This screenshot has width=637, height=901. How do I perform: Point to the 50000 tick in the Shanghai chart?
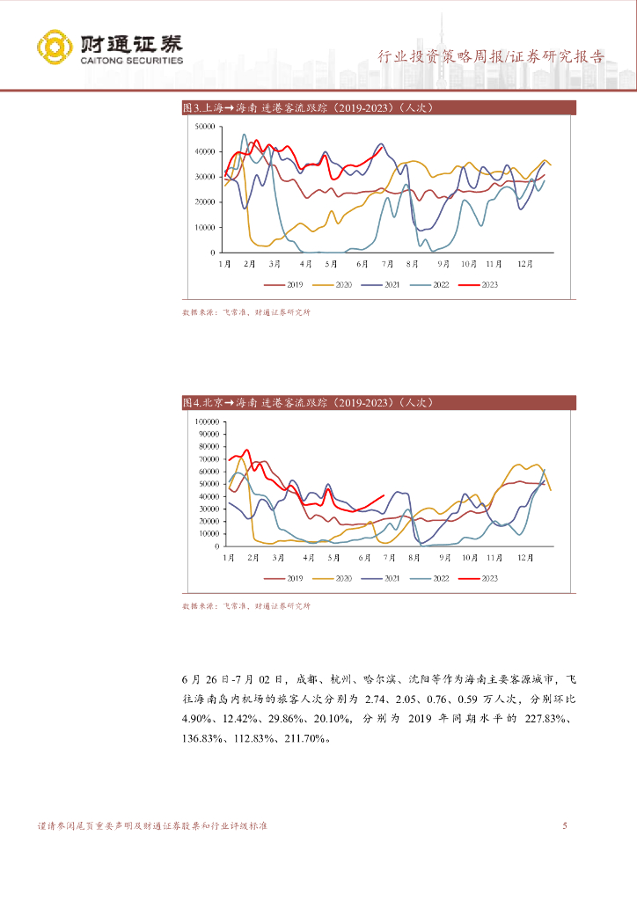[x=204, y=127]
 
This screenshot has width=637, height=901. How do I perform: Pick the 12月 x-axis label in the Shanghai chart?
[x=526, y=263]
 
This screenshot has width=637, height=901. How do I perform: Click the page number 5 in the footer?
[x=564, y=826]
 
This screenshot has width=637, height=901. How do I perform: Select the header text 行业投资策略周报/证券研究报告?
[x=491, y=56]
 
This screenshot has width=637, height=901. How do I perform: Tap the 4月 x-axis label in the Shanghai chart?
[x=306, y=263]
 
